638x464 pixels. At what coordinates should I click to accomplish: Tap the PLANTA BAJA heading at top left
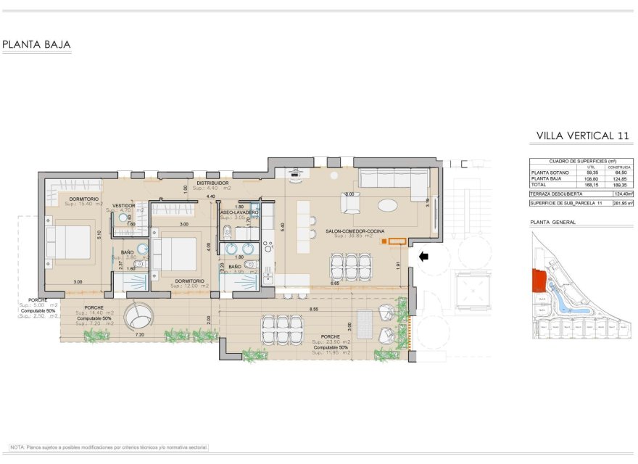coord(37,45)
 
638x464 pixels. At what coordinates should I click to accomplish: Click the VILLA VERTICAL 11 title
coord(582,136)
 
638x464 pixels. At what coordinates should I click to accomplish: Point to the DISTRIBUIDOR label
coord(213,183)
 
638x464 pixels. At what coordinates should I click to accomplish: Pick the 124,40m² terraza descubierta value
coord(621,194)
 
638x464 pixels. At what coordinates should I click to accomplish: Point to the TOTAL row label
coord(540,184)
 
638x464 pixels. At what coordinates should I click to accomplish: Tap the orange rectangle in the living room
coord(397,241)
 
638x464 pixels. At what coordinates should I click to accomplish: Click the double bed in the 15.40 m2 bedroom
coord(69,242)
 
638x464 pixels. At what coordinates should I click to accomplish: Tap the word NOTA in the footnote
coord(18,447)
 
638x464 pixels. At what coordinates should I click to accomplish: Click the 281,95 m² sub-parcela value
coord(621,204)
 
